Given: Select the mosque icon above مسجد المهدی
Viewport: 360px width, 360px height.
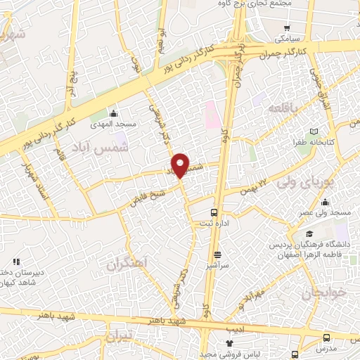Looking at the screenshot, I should click(x=114, y=112).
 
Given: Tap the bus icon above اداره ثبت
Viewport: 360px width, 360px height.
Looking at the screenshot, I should click(x=214, y=212).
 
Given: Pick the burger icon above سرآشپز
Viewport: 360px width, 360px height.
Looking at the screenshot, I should click(x=217, y=255).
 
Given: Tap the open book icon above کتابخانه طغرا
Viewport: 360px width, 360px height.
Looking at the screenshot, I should click(x=314, y=131).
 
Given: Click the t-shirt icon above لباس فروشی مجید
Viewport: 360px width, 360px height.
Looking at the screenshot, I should click(x=228, y=343).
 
